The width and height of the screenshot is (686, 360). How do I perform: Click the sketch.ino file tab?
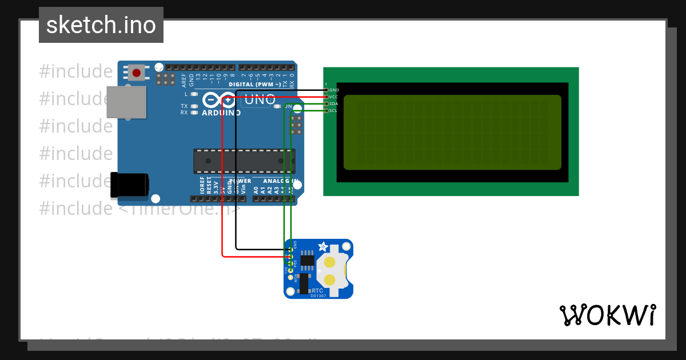[101, 25]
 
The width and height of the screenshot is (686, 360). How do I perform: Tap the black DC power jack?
[130, 183]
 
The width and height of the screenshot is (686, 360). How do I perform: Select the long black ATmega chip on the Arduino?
[244, 161]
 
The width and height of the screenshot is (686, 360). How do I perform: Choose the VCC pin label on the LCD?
[334, 97]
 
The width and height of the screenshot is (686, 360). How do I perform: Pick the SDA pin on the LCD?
[334, 104]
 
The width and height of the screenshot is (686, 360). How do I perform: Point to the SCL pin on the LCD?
[334, 110]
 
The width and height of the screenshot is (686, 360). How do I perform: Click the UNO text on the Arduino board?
[260, 100]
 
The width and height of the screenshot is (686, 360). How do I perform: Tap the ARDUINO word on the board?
[221, 113]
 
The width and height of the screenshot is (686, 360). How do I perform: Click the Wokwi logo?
[607, 315]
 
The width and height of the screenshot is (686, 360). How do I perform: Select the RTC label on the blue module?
[317, 290]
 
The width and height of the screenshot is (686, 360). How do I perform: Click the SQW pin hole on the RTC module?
[290, 277]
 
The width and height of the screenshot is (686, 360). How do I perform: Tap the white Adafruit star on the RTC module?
[323, 247]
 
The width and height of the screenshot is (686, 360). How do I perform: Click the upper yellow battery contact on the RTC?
[330, 262]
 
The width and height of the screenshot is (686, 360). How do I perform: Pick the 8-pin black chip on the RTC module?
[308, 260]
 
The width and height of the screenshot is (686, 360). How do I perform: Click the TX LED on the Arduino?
[194, 106]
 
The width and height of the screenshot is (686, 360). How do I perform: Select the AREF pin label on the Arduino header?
[184, 79]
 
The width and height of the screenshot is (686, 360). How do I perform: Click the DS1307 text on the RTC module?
[318, 295]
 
